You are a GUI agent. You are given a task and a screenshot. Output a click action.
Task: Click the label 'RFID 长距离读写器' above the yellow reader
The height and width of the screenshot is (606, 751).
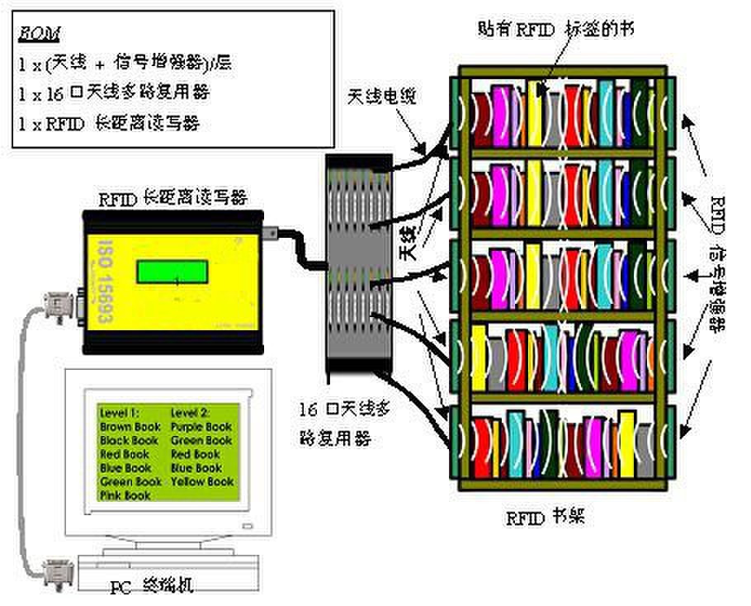(172, 198)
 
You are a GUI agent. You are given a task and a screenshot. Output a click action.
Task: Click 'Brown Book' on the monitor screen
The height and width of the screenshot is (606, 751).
(130, 428)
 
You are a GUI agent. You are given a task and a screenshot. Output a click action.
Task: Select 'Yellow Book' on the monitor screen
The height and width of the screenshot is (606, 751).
(202, 481)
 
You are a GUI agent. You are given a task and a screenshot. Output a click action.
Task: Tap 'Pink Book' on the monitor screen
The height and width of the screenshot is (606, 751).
(125, 495)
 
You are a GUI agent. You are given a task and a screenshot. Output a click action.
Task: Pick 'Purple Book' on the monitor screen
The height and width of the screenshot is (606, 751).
(201, 428)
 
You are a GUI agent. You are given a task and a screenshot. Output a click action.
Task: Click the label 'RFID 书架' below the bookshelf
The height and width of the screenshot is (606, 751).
(546, 518)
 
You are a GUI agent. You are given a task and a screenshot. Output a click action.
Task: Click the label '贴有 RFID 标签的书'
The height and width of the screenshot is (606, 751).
(555, 28)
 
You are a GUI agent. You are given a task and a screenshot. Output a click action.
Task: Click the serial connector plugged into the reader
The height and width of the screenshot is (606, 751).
(64, 307)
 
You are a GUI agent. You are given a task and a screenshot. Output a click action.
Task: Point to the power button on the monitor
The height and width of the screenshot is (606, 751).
(246, 526)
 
